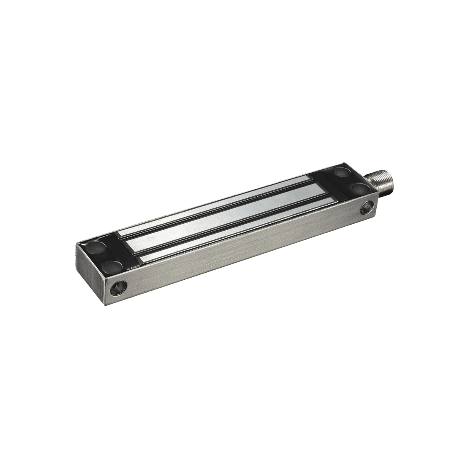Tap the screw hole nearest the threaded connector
(x=367, y=208)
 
